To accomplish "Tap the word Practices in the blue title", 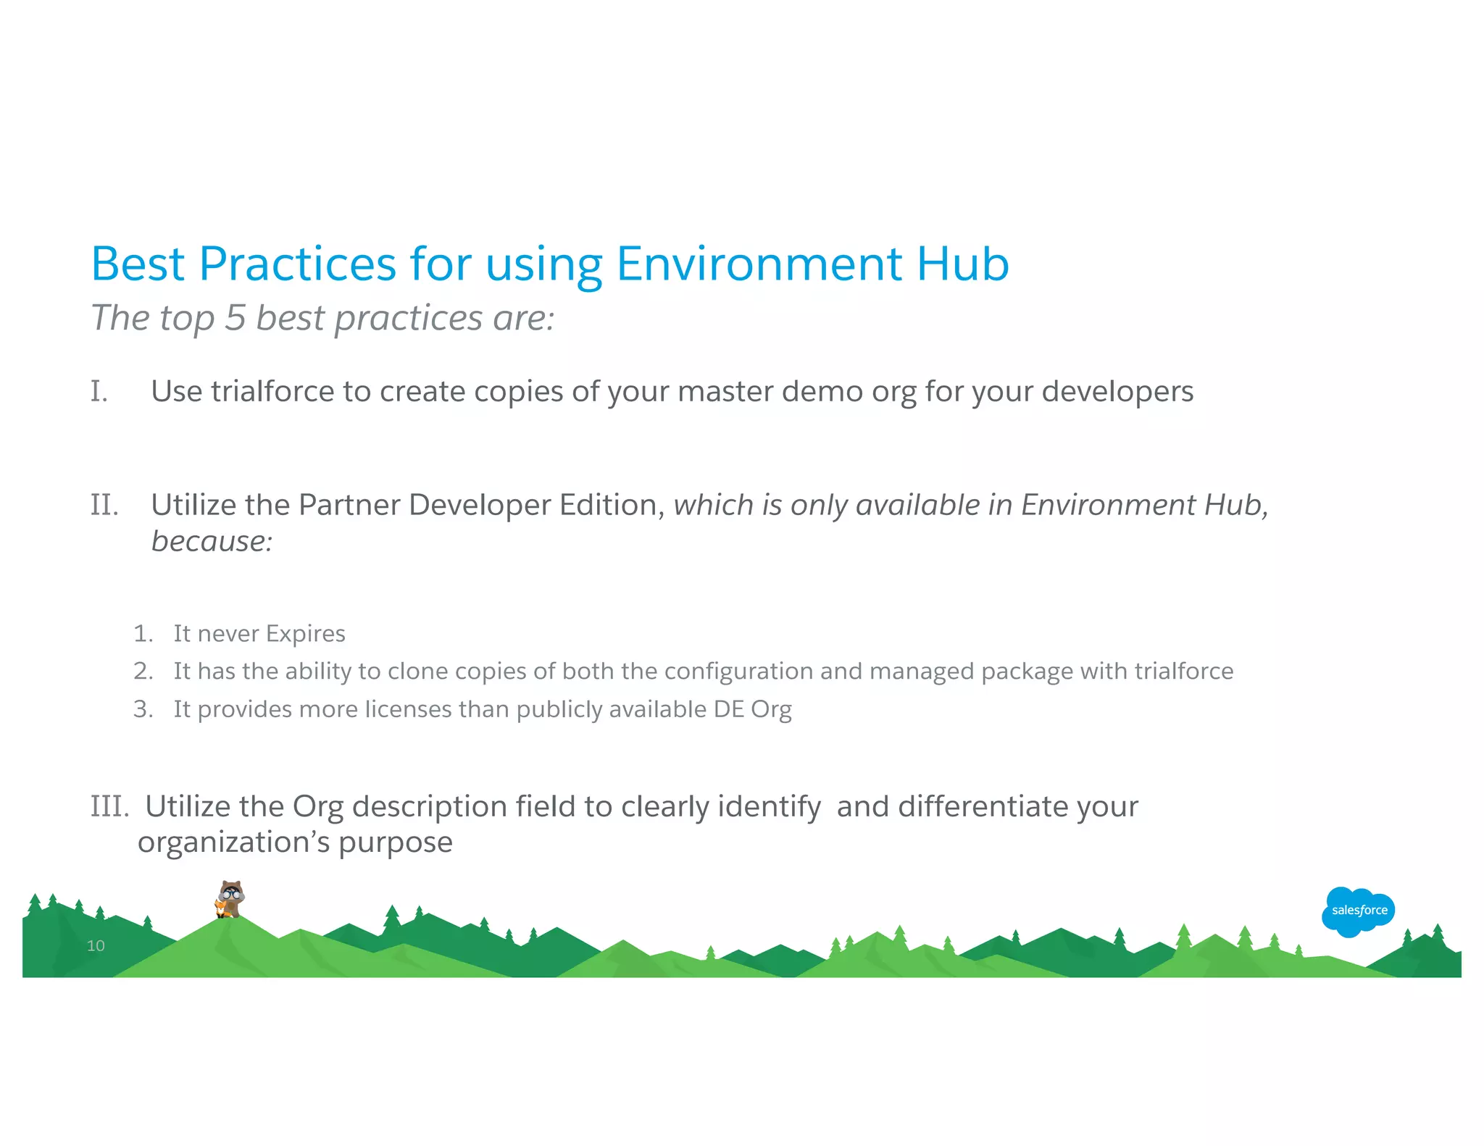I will (x=297, y=264).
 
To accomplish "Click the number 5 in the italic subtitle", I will (x=235, y=318).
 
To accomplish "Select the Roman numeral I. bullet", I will (x=99, y=392).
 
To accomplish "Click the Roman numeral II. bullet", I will (x=104, y=505).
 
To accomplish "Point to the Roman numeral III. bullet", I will (x=109, y=806).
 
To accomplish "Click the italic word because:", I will (x=212, y=541).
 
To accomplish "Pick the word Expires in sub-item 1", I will (x=305, y=634).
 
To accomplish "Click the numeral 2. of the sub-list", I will (x=143, y=672).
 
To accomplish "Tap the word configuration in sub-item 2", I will (x=738, y=672).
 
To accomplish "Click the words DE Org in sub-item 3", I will (x=752, y=709).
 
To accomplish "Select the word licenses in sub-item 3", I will (x=407, y=709).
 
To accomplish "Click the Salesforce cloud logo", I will (x=1358, y=911).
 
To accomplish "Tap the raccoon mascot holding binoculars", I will (x=230, y=899).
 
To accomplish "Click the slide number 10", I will (x=96, y=945).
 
